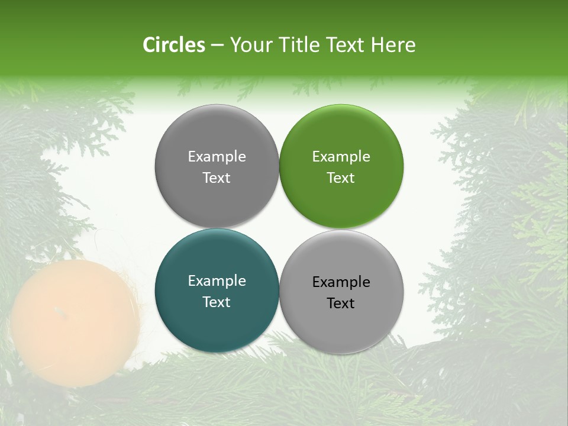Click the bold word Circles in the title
click(x=173, y=45)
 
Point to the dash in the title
click(x=217, y=46)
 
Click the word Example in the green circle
click(x=341, y=157)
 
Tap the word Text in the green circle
click(x=341, y=178)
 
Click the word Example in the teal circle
click(x=217, y=281)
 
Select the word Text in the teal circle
click(x=217, y=302)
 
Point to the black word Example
click(x=341, y=282)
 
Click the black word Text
click(x=341, y=304)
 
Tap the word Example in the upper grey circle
click(x=217, y=157)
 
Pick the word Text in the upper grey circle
click(x=217, y=178)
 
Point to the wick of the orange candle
click(x=57, y=310)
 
